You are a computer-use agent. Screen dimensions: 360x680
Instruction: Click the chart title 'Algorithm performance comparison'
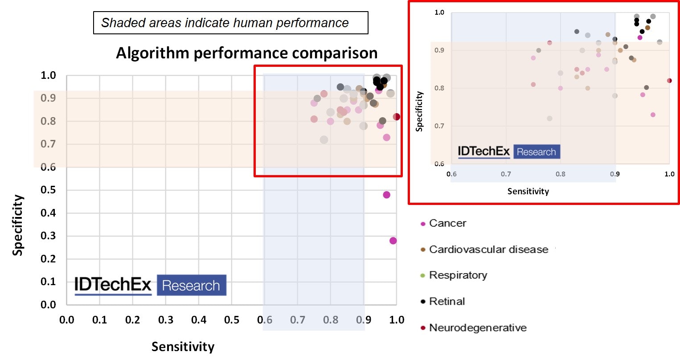coord(246,53)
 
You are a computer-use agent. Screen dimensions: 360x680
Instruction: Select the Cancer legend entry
coord(447,223)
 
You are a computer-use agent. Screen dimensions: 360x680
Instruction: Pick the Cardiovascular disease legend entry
coord(488,250)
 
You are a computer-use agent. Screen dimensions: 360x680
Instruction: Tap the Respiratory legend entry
coord(458,275)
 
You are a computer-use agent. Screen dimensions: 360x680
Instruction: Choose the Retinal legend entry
coord(447,302)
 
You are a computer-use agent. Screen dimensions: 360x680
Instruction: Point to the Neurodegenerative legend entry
coord(477,328)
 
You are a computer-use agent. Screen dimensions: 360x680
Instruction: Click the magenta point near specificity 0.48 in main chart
coord(386,195)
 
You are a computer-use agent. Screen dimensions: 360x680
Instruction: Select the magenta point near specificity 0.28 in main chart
coord(393,241)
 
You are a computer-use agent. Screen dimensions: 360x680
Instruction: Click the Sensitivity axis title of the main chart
coord(183,347)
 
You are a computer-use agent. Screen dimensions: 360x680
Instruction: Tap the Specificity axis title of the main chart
coord(17,225)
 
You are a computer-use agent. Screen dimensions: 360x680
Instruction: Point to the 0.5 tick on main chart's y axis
coord(48,190)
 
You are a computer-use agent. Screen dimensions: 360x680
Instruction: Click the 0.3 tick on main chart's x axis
coord(166,320)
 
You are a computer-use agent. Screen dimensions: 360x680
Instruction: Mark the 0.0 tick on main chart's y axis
coord(48,305)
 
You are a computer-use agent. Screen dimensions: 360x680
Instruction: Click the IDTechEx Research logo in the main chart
coord(150,285)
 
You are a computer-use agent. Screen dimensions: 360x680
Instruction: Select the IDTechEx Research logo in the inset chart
coord(508,151)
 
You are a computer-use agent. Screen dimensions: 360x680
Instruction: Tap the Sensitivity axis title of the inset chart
coord(528,191)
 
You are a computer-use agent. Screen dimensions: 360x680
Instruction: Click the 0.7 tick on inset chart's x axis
coord(506,174)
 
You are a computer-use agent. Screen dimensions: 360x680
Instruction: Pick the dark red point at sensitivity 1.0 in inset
coord(669,81)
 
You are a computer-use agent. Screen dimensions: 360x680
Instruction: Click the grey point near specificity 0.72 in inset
coord(549,119)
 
